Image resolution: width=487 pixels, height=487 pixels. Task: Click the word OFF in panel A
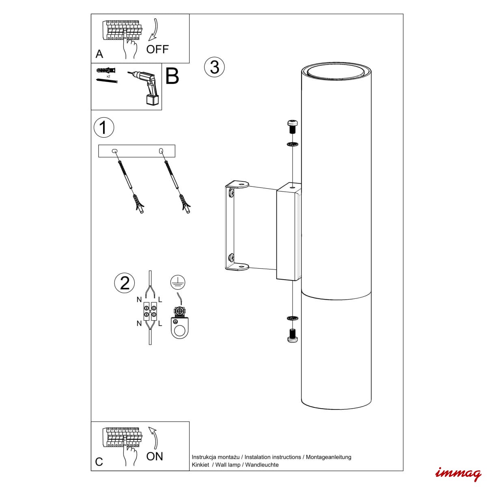(157, 49)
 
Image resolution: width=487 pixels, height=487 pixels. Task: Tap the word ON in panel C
(155, 457)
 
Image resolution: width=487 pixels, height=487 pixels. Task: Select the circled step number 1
(104, 127)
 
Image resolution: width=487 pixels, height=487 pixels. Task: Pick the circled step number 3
(214, 67)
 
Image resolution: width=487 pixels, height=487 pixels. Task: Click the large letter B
(172, 76)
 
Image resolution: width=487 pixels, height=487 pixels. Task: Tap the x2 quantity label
(108, 76)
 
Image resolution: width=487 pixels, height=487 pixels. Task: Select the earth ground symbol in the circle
(178, 282)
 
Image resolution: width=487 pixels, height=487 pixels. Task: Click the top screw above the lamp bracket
(292, 127)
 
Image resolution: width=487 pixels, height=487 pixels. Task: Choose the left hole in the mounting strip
(114, 151)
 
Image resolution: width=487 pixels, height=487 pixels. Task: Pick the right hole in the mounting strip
(161, 151)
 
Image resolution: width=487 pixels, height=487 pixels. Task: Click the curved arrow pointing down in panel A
(153, 29)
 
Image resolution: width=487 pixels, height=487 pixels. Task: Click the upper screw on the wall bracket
(231, 193)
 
